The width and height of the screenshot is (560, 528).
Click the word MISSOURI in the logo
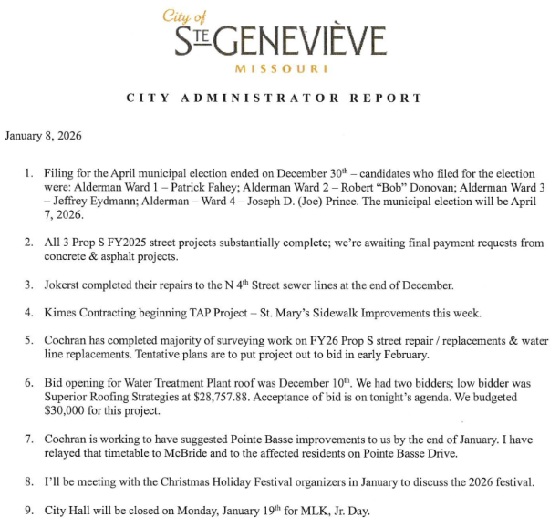[279, 69]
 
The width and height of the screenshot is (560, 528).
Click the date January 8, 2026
[44, 137]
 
